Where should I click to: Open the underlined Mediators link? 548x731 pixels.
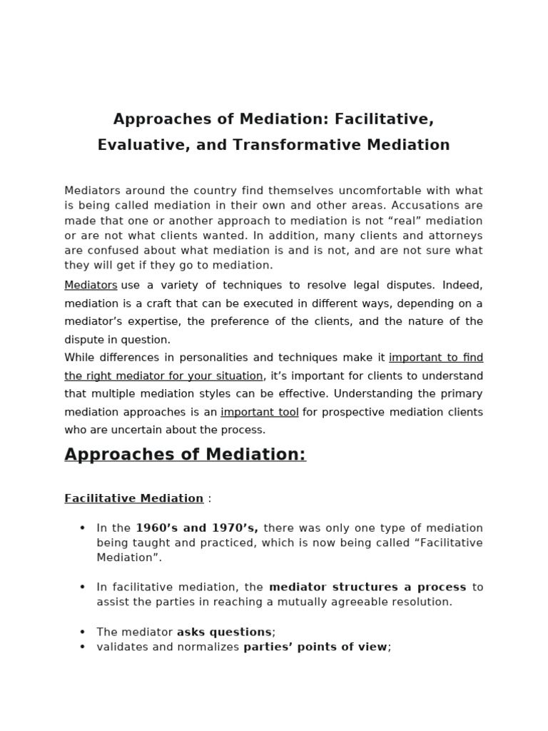click(91, 285)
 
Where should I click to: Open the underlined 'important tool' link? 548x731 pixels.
click(260, 412)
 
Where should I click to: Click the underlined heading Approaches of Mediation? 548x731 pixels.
click(185, 455)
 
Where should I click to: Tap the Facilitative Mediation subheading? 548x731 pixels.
click(133, 498)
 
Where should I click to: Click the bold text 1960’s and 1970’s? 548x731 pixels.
click(196, 528)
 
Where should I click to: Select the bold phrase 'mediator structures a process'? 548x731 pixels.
click(367, 587)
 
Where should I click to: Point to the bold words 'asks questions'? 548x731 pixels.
click(224, 632)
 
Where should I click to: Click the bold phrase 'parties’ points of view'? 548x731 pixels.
click(315, 647)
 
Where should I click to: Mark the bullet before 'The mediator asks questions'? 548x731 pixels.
click(82, 632)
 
